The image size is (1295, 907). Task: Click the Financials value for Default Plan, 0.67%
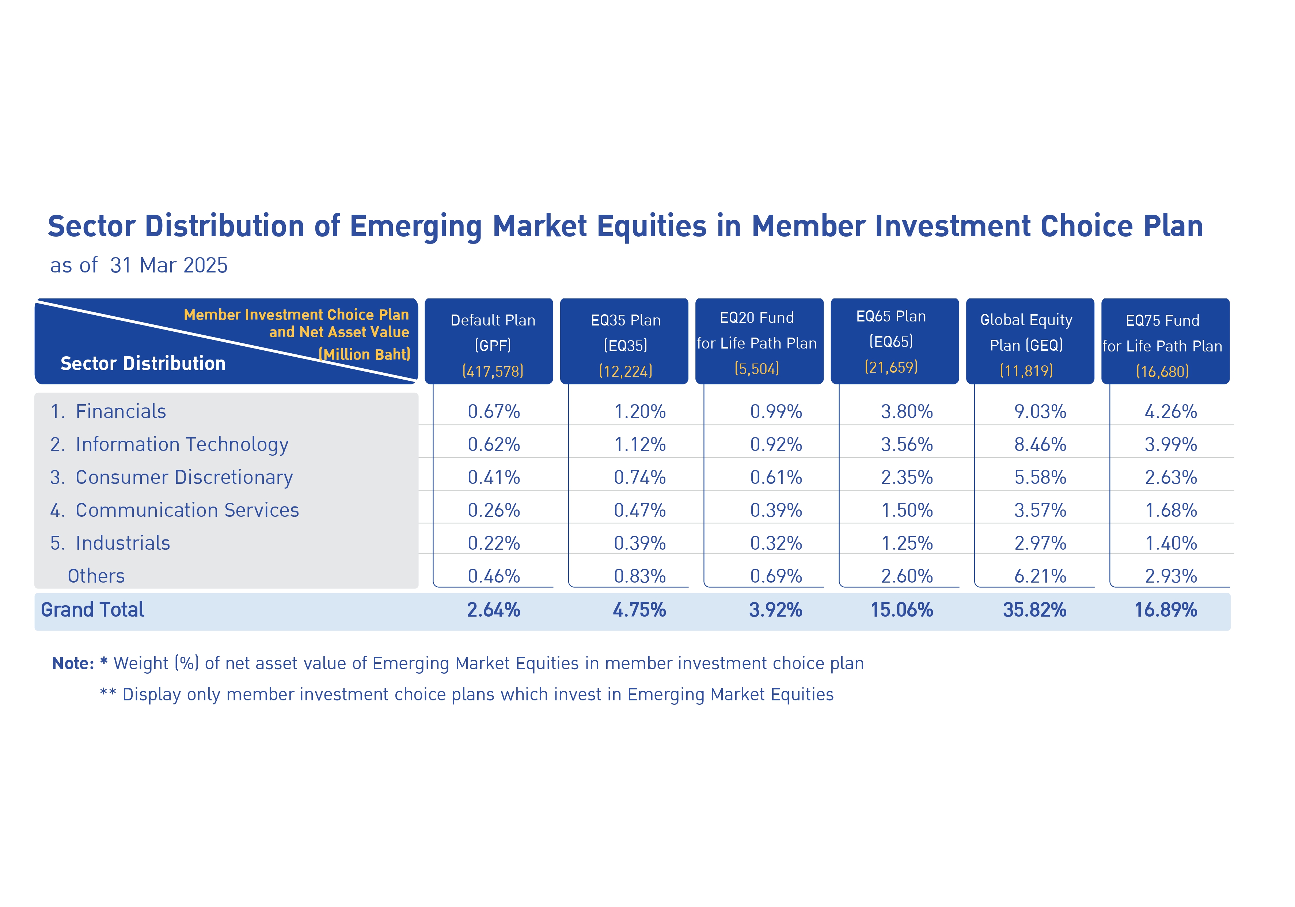pyautogui.click(x=494, y=411)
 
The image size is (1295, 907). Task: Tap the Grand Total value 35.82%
pyautogui.click(x=1034, y=610)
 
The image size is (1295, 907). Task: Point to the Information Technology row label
pyautogui.click(x=169, y=445)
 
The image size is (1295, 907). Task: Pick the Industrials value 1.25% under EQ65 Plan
pyautogui.click(x=907, y=543)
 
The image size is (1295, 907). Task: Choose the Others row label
pyautogui.click(x=96, y=576)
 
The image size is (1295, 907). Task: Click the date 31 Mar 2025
pyautogui.click(x=169, y=265)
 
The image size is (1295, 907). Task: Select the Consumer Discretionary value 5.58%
pyautogui.click(x=1040, y=478)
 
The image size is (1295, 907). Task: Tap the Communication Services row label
pyautogui.click(x=174, y=510)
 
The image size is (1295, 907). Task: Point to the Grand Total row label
pyautogui.click(x=92, y=610)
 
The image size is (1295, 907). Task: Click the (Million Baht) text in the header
pyautogui.click(x=364, y=354)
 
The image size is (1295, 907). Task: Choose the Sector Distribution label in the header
pyautogui.click(x=143, y=364)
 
